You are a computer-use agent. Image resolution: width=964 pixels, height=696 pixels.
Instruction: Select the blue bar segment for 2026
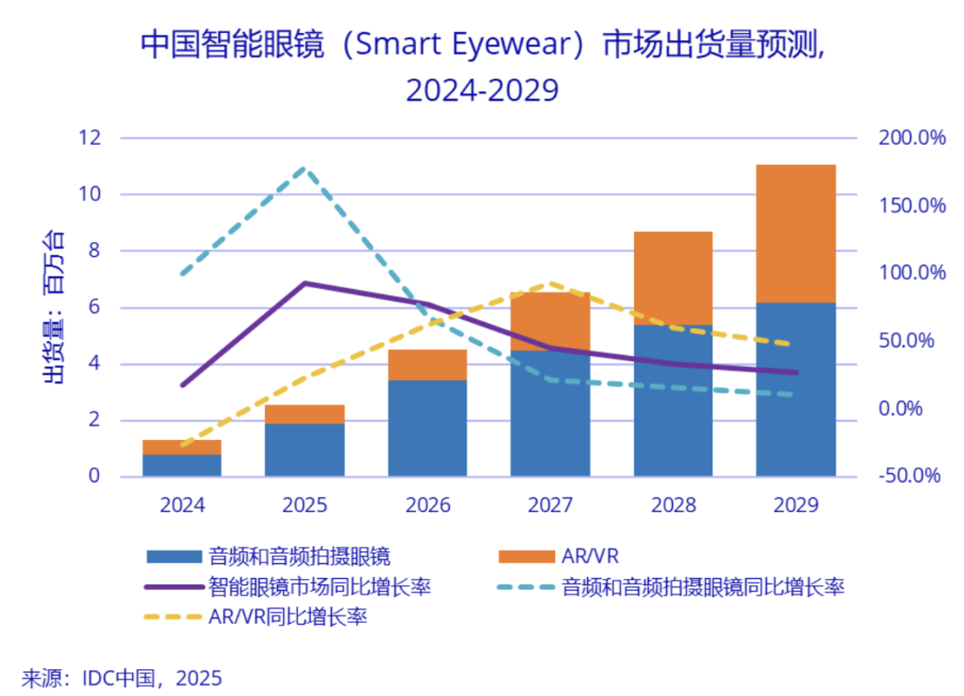428,428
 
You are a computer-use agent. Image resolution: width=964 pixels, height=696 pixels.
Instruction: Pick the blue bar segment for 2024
182,465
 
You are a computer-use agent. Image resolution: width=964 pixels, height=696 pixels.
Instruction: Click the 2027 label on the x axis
551,505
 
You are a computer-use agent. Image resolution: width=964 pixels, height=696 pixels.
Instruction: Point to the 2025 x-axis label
304,505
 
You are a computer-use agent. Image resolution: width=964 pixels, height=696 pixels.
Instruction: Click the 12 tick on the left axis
88,138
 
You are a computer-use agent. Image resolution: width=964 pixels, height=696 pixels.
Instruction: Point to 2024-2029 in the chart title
482,90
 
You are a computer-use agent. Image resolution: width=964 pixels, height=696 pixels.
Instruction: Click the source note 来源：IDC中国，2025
121,677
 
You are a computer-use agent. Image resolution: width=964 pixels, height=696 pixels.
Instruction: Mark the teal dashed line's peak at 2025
304,168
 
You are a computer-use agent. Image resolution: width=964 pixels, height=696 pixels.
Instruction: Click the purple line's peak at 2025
304,283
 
